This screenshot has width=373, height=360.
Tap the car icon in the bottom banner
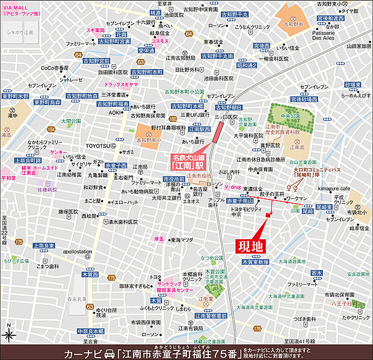point(109,351)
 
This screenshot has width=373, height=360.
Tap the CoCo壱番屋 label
point(55,69)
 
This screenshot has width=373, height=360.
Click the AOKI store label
point(116,112)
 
